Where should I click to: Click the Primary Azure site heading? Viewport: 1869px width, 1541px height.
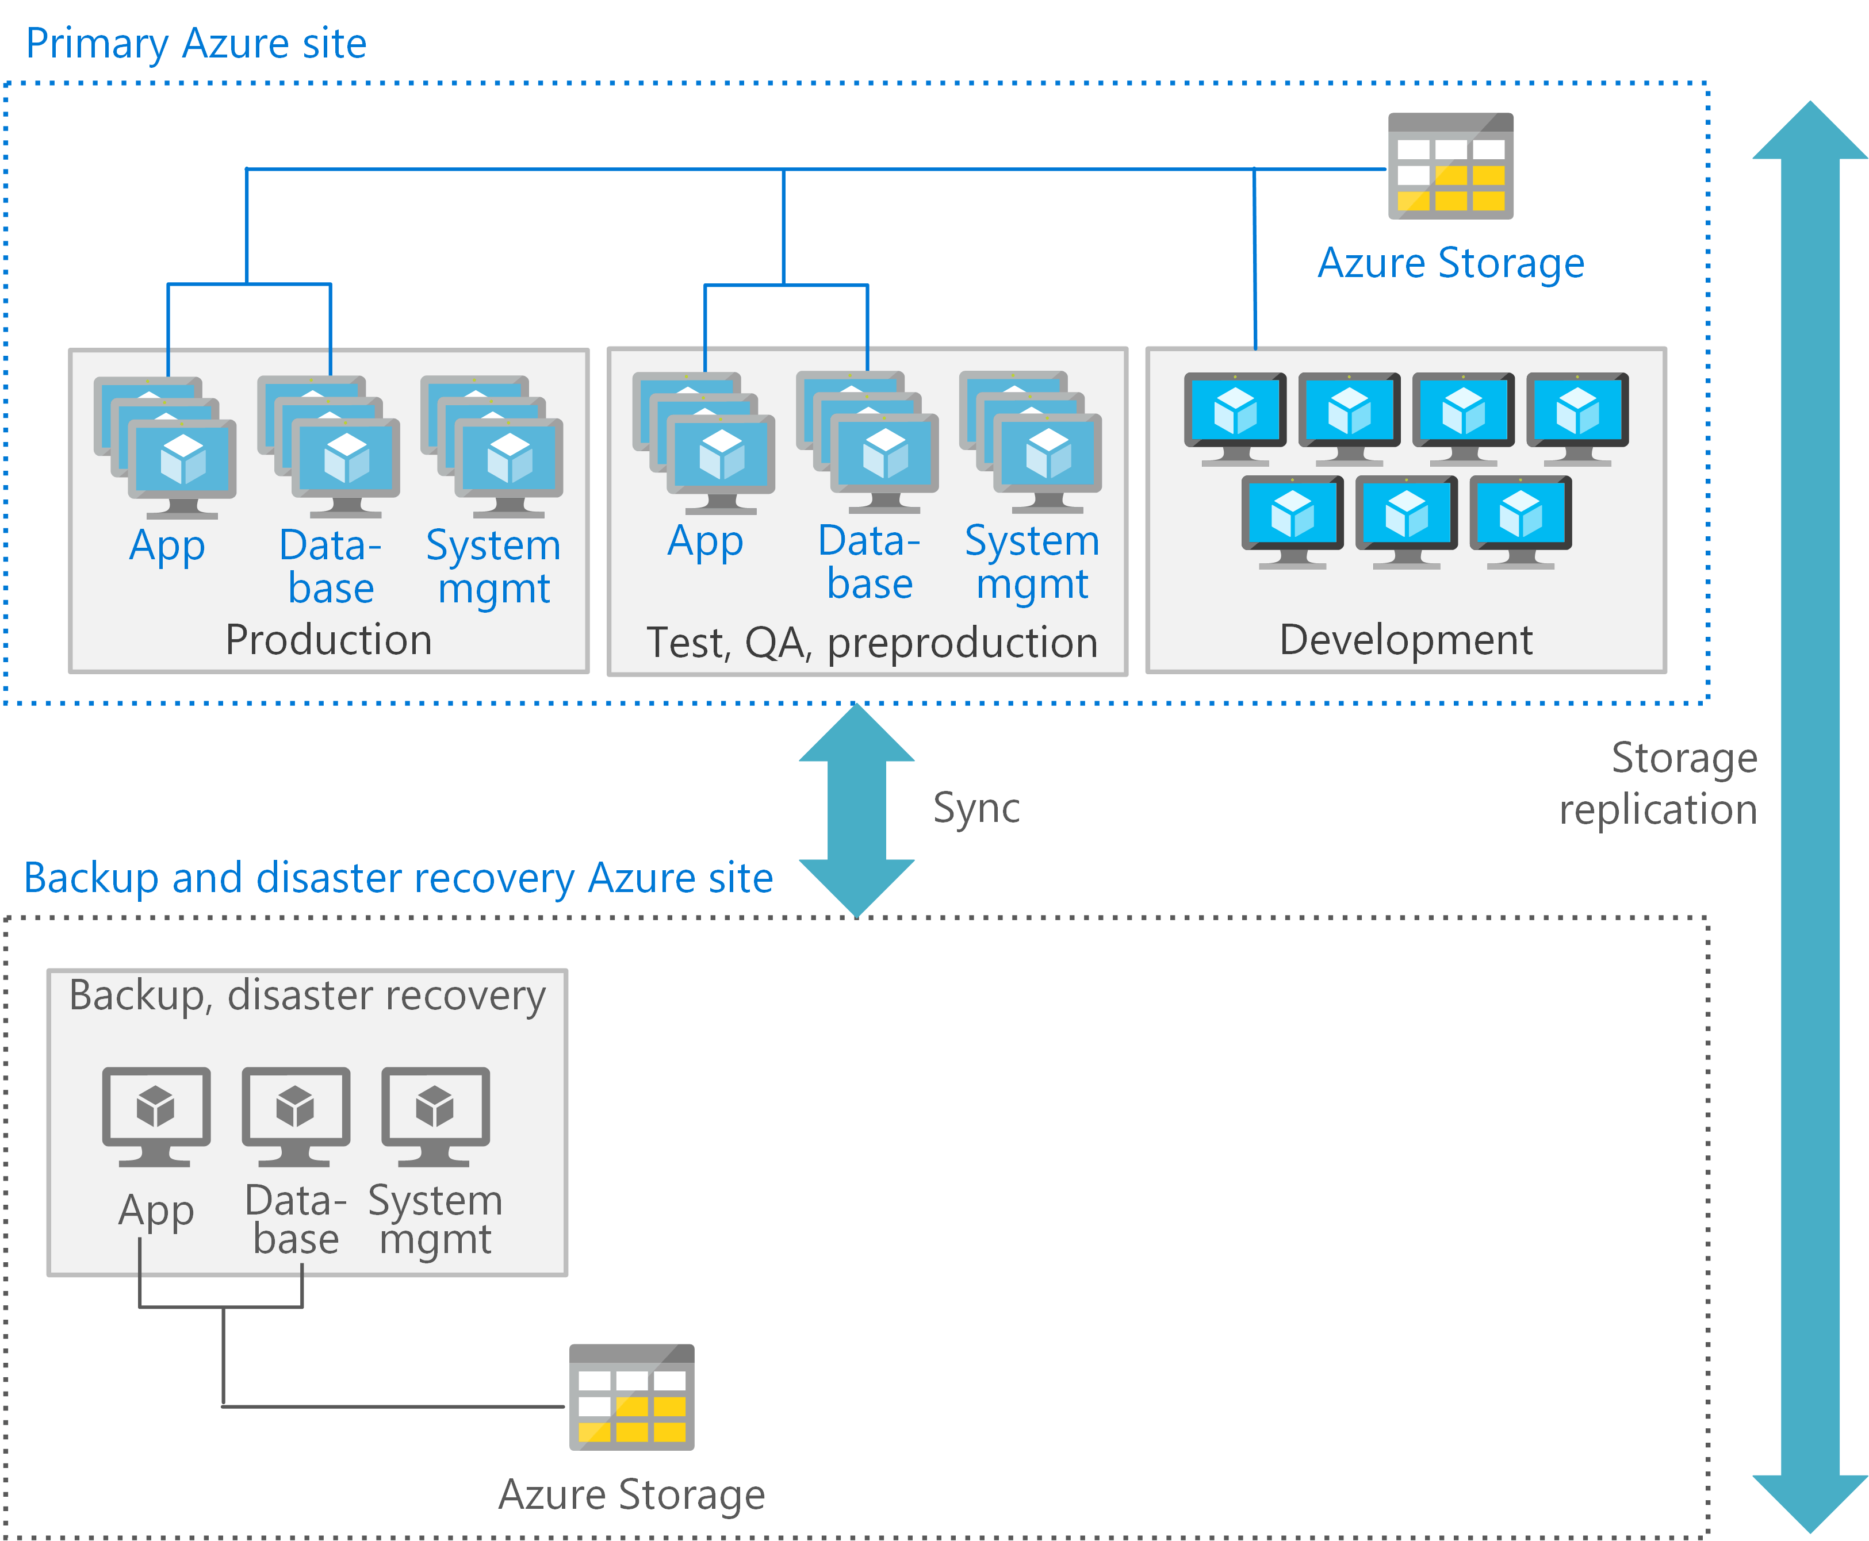click(x=196, y=44)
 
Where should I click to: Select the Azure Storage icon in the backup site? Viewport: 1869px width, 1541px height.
click(x=631, y=1397)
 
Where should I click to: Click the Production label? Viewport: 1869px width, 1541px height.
click(x=328, y=640)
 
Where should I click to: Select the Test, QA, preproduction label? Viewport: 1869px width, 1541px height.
click(x=871, y=643)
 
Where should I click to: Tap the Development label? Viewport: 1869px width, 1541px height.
click(x=1405, y=640)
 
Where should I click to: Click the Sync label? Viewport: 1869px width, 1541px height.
click(x=976, y=808)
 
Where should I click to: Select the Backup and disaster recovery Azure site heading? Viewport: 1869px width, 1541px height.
click(x=398, y=878)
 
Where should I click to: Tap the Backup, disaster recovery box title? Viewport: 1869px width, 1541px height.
click(x=307, y=995)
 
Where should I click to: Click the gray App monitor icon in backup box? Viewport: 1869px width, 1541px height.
click(x=156, y=1116)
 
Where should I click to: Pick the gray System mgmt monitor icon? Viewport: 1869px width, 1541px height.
click(x=435, y=1116)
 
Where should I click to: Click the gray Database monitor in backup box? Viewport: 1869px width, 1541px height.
click(x=296, y=1116)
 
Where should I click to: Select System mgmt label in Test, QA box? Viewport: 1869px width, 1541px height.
click(x=1032, y=562)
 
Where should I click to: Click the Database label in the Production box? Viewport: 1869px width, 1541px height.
click(x=330, y=566)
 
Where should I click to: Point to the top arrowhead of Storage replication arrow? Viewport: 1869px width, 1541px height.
click(x=1810, y=133)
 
